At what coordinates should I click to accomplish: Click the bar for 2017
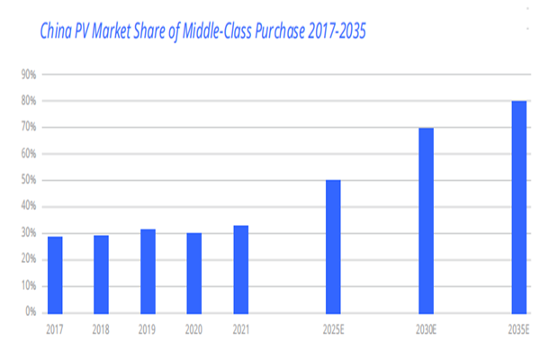(55, 274)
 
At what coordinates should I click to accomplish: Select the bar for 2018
(101, 274)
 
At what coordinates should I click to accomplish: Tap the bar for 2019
(148, 271)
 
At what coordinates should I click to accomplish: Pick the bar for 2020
(193, 273)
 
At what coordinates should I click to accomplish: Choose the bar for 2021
(240, 269)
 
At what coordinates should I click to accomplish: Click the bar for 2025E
(333, 247)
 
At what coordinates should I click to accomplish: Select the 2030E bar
(426, 220)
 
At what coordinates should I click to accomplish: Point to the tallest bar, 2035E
(519, 207)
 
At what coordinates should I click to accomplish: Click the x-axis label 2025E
(333, 329)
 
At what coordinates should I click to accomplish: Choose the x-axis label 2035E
(519, 329)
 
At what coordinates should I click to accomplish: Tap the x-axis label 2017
(55, 329)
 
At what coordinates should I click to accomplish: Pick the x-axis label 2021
(240, 329)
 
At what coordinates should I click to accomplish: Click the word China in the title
(58, 31)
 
